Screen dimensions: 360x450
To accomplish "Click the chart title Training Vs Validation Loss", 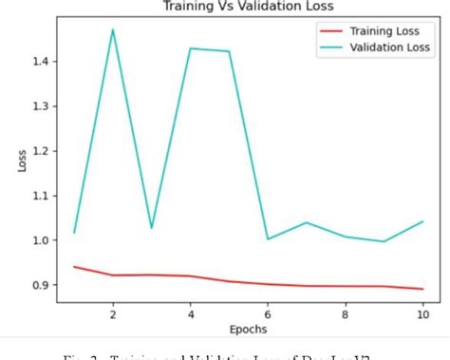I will click(246, 9).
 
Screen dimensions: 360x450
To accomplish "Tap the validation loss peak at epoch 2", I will click(113, 29).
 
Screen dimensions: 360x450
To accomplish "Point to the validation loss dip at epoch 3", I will click(152, 228).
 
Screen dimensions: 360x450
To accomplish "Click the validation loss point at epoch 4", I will click(191, 48).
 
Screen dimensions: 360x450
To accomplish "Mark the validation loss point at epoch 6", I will click(268, 239).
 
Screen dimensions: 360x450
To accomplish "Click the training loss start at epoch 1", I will click(74, 267).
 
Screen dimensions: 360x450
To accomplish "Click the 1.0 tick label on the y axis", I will click(42, 240).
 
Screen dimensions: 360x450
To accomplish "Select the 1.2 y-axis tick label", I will click(42, 151).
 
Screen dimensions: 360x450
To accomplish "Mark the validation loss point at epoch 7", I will click(307, 223).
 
